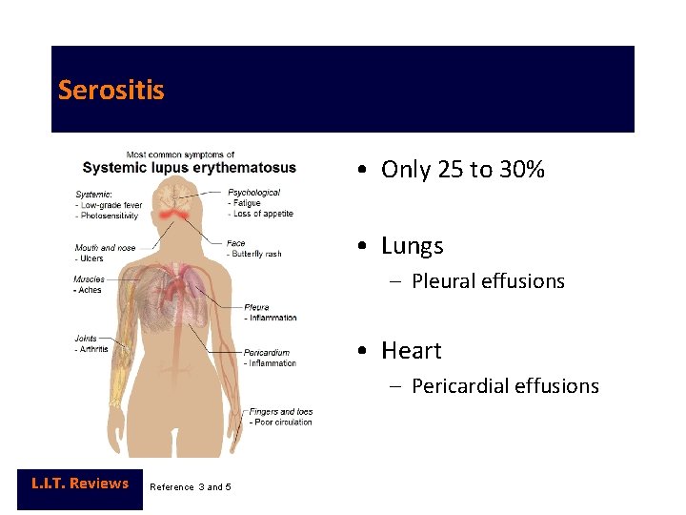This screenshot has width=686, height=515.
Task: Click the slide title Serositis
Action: click(111, 91)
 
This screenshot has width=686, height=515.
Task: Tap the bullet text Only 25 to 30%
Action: click(463, 170)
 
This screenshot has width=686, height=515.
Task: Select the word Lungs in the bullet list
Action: click(413, 246)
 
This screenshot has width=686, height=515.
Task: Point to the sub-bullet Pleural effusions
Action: click(488, 281)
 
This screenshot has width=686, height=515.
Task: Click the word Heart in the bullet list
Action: click(412, 351)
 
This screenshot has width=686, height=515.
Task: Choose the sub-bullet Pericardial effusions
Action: click(505, 386)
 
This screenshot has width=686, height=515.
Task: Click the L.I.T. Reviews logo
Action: click(80, 484)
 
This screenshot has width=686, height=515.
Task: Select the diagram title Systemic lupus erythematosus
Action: click(189, 168)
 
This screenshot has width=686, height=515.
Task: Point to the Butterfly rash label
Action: click(256, 255)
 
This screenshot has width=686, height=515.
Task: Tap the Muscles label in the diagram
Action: click(90, 279)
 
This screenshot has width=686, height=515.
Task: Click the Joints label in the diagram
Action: click(86, 339)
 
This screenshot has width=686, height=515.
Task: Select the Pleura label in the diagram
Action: click(256, 307)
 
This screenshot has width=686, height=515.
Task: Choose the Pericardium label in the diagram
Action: click(267, 353)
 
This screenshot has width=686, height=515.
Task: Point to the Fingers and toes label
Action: click(281, 412)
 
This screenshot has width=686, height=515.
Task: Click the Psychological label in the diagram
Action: click(253, 193)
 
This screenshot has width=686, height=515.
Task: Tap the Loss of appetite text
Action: click(263, 214)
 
